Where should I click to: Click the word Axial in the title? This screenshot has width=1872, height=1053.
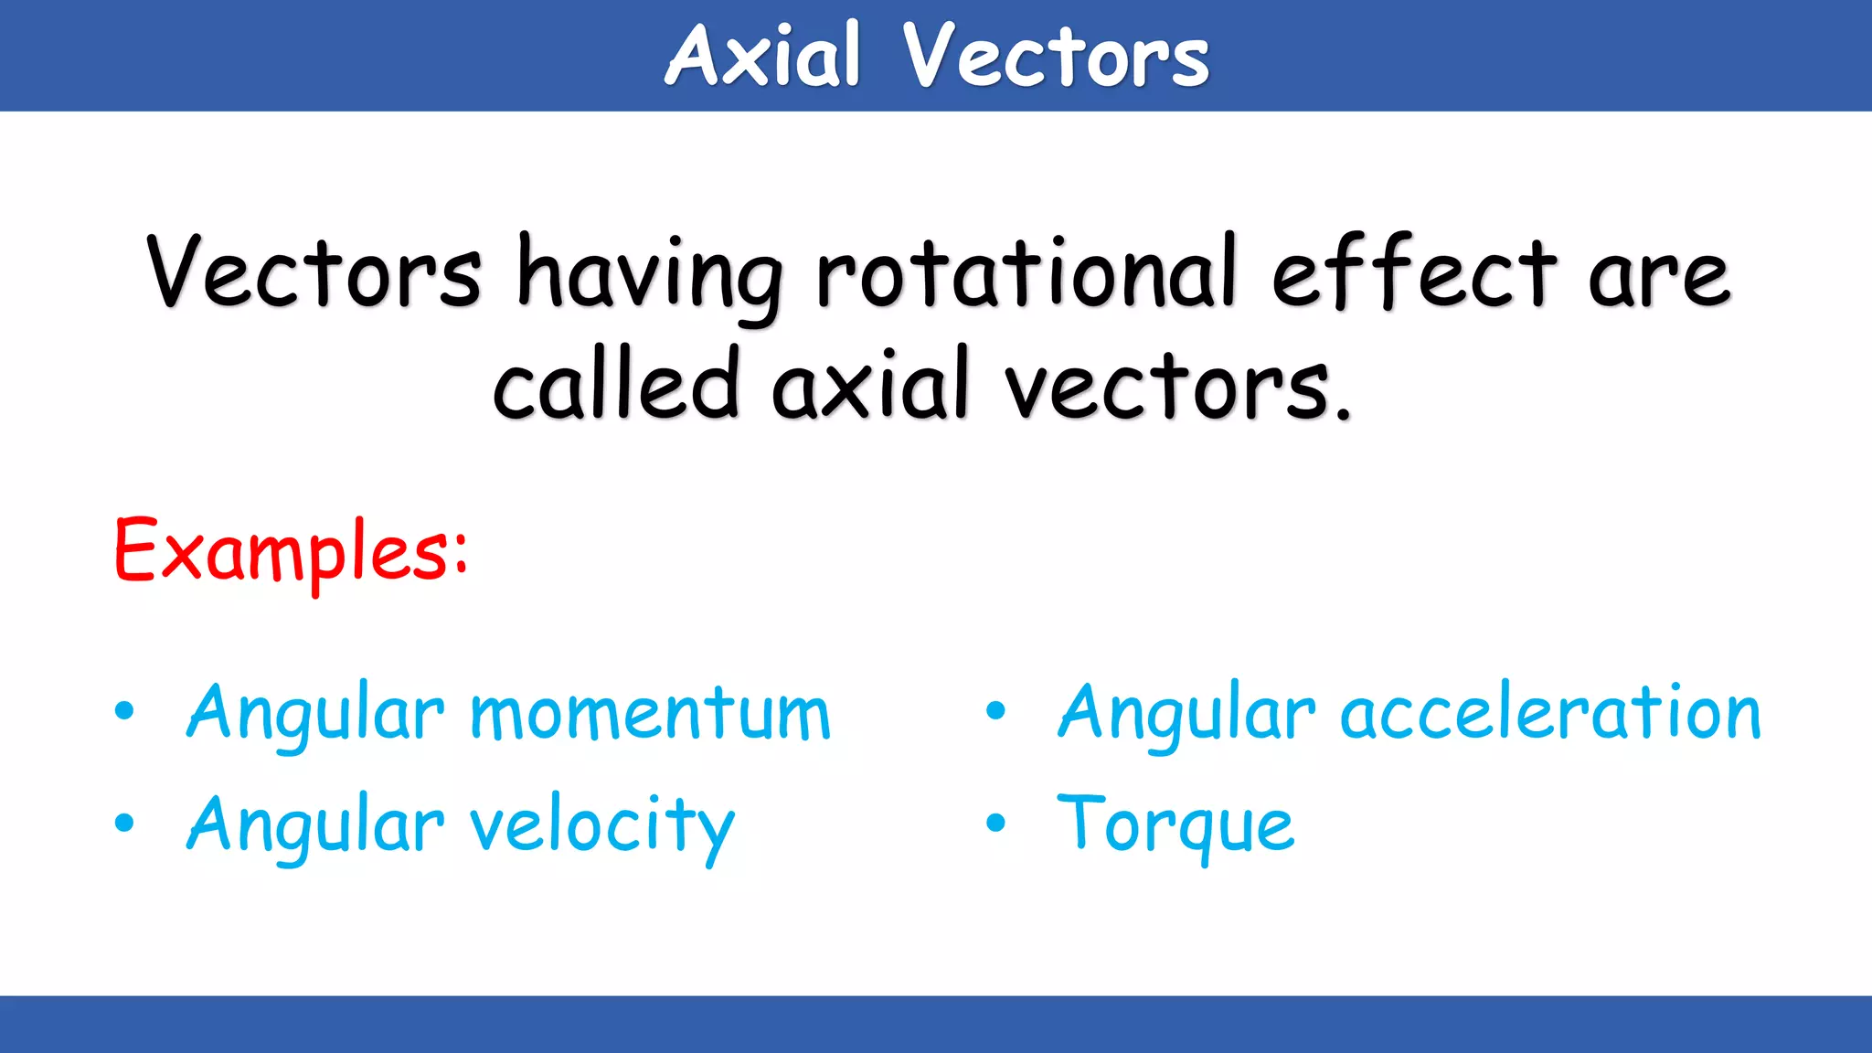point(762,57)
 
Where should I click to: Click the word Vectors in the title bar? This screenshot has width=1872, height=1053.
point(1056,57)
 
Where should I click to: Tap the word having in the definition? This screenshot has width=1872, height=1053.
point(650,275)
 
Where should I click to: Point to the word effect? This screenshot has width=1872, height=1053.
point(1414,273)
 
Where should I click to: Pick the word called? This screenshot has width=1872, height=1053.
point(615,385)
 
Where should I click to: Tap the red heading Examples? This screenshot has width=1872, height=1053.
point(291,551)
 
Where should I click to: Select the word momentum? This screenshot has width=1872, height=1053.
point(650,714)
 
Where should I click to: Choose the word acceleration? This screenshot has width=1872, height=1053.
point(1550,714)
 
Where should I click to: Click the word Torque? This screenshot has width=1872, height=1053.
point(1175,825)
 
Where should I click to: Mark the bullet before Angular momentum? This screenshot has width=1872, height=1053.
point(124,712)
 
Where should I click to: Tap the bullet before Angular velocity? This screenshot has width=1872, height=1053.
point(124,824)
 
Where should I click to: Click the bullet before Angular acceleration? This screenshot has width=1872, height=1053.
point(995,712)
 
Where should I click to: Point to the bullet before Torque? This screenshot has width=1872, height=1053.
point(995,824)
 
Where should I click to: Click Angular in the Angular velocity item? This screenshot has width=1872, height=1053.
point(315,825)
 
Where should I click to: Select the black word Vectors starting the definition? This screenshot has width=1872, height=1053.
point(314,273)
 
